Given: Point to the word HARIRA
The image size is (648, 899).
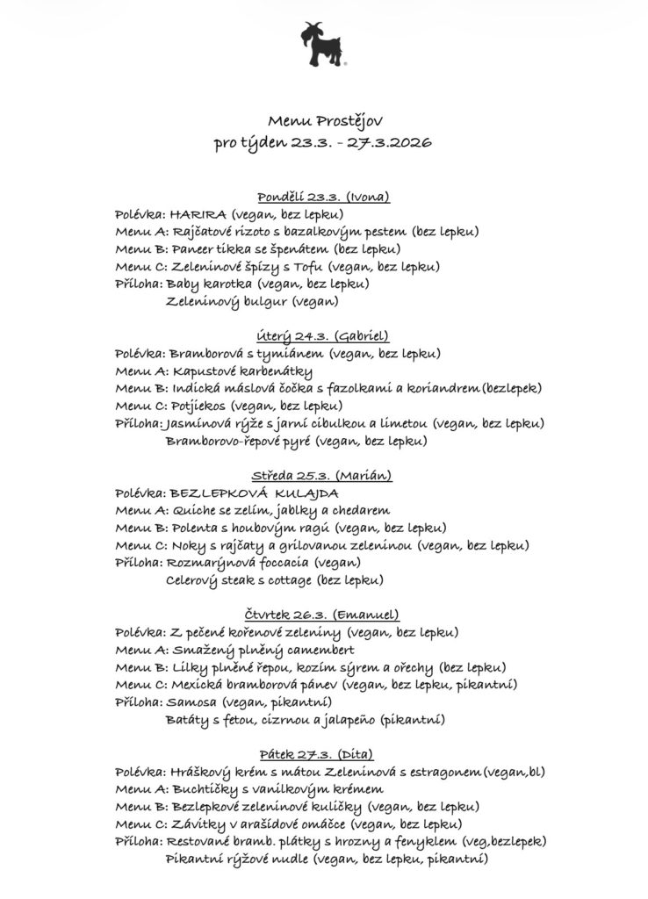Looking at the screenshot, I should pyautogui.click(x=198, y=213).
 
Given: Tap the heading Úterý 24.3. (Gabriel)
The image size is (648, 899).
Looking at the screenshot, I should pyautogui.click(x=323, y=336).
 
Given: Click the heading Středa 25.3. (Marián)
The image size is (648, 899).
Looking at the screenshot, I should pyautogui.click(x=322, y=476).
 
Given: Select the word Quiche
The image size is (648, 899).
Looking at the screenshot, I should pyautogui.click(x=191, y=510).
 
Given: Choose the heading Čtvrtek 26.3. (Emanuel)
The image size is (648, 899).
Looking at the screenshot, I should pyautogui.click(x=322, y=615).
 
